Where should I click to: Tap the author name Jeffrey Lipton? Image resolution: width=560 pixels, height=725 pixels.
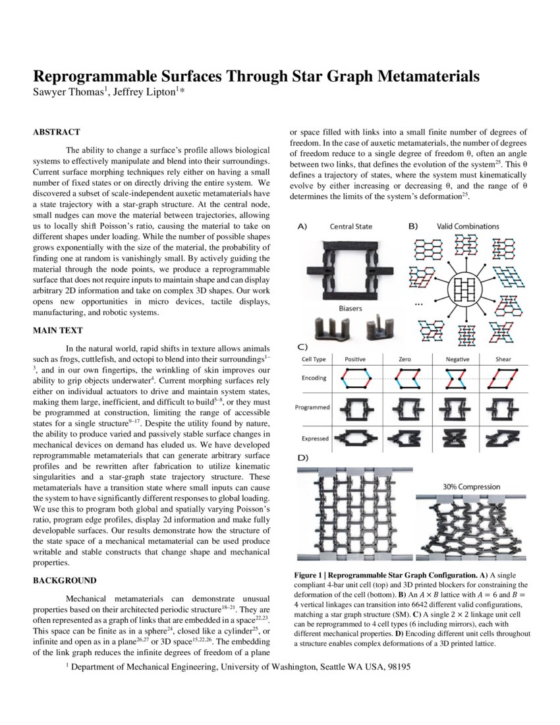click(146, 92)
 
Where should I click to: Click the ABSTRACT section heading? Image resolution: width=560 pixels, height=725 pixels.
click(57, 132)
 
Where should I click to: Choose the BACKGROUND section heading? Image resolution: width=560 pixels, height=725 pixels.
click(65, 581)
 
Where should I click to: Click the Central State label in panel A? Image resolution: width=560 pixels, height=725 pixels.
click(350, 227)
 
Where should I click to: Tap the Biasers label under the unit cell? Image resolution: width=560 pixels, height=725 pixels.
click(350, 307)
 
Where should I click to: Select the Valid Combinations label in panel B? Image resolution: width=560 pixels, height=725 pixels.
click(467, 227)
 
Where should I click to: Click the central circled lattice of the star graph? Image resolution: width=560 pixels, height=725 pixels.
click(466, 289)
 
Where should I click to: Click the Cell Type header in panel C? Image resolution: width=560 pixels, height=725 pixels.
click(314, 359)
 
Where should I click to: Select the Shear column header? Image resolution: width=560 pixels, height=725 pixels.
click(508, 359)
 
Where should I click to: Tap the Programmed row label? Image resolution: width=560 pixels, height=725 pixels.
click(313, 407)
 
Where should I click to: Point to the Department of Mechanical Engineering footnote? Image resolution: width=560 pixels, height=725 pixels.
click(237, 668)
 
